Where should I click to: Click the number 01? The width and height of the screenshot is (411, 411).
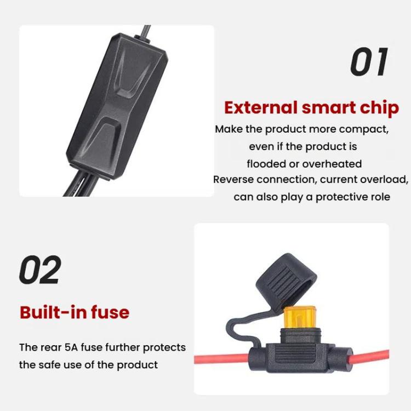369,61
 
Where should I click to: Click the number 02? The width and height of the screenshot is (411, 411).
40,270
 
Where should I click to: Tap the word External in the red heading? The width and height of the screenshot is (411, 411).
260,107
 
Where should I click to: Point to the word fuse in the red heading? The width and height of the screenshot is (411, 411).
109,312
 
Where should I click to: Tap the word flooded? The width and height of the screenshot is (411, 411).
266,164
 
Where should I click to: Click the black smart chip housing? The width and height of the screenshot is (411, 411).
116,109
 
